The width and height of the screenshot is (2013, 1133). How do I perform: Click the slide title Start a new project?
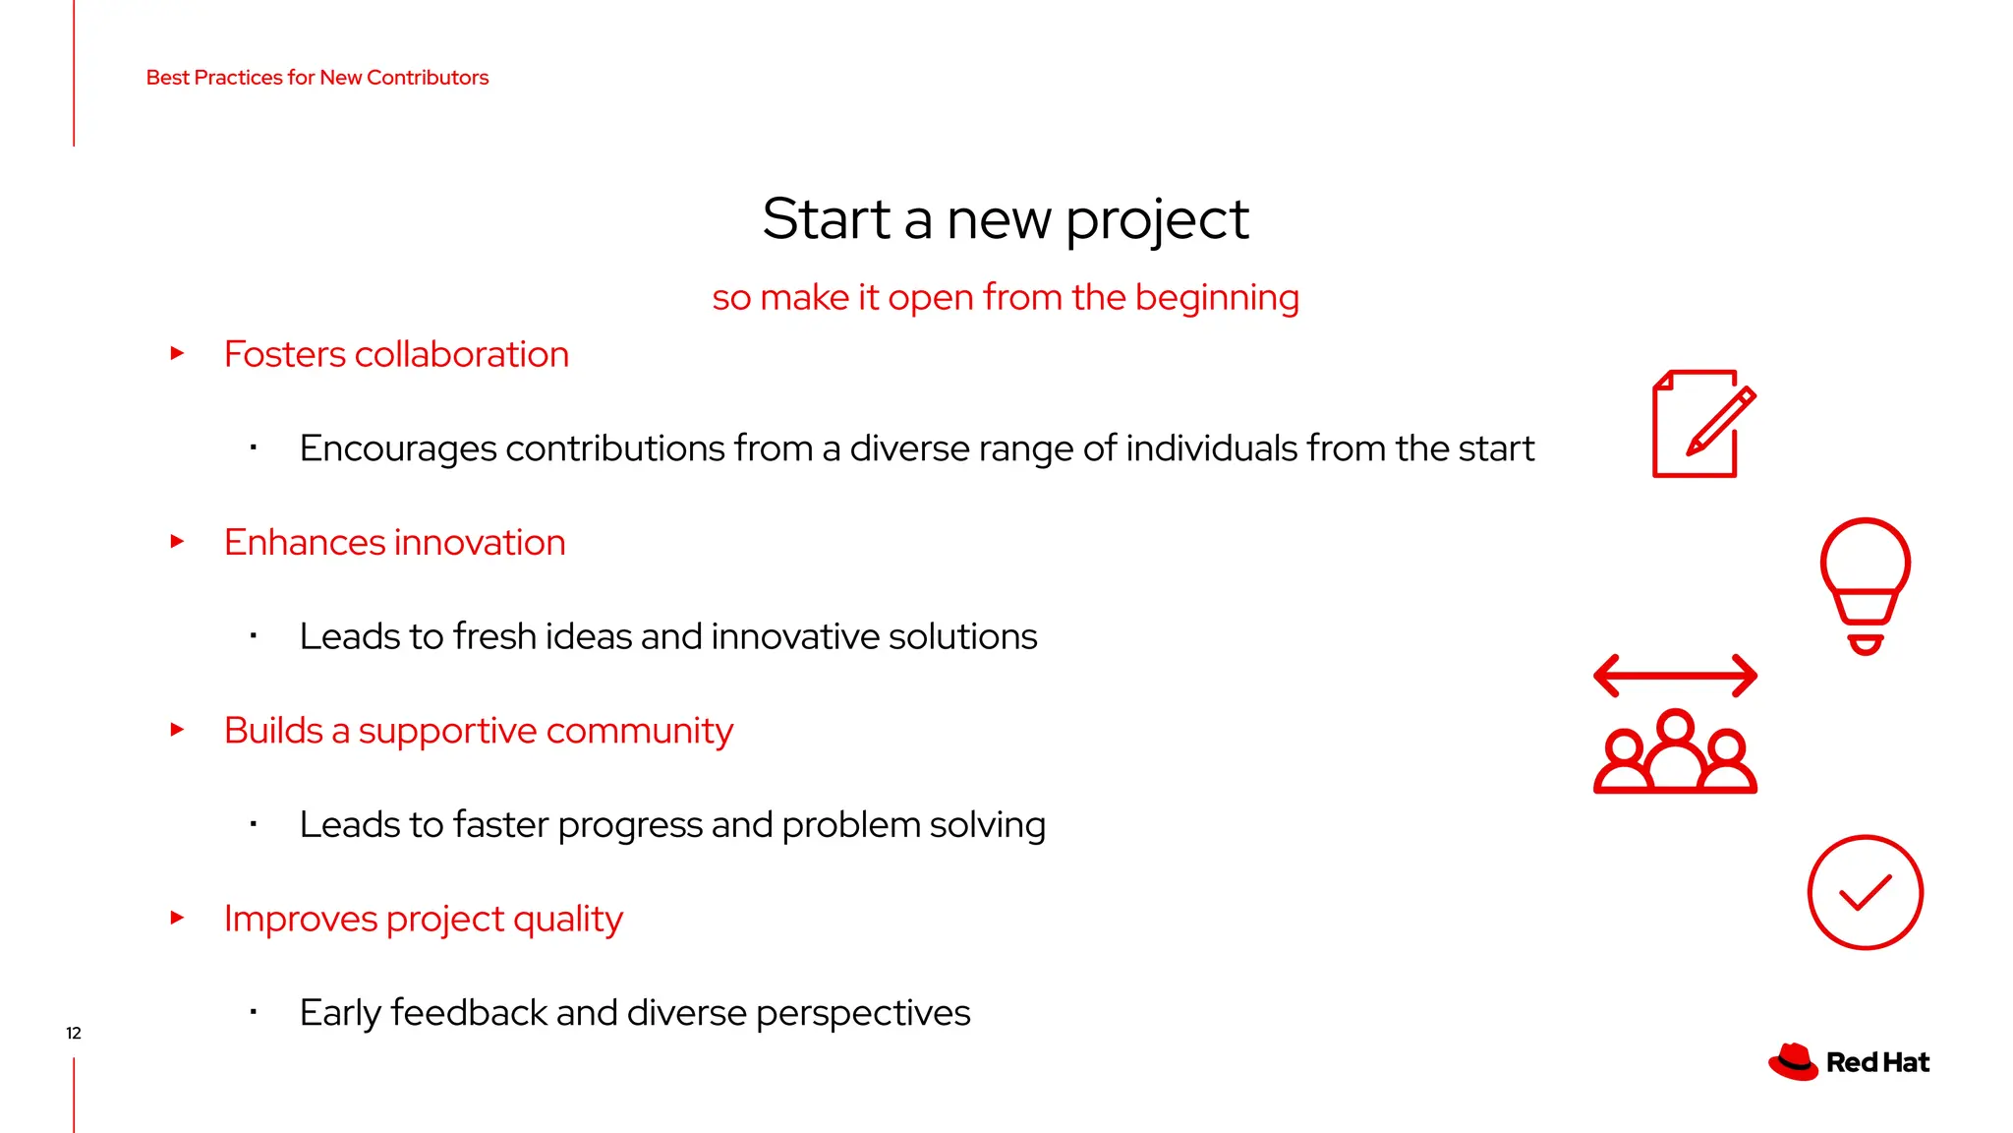click(1006, 218)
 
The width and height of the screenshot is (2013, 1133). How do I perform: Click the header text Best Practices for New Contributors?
click(316, 78)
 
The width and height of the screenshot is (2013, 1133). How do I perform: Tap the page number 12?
click(74, 1033)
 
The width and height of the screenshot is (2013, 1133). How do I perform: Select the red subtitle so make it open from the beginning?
click(1006, 297)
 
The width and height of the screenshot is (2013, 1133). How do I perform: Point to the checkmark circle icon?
click(1865, 892)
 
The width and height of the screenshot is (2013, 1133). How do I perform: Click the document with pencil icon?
click(1700, 425)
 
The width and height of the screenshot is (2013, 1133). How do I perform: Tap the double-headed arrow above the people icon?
click(1675, 676)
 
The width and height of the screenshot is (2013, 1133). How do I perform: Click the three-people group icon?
click(1675, 753)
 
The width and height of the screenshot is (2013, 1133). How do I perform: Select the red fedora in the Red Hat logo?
click(1793, 1062)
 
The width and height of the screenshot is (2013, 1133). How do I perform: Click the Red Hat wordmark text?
click(1877, 1063)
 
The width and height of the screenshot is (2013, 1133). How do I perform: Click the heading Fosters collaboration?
click(396, 354)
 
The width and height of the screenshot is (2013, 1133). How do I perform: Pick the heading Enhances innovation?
click(394, 543)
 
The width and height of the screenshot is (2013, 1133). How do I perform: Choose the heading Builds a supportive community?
click(478, 731)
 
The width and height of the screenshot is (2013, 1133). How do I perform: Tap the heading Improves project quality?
click(423, 919)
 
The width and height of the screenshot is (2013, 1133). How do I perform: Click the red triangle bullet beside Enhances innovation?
click(177, 542)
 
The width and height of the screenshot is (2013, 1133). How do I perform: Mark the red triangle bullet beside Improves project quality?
click(177, 918)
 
